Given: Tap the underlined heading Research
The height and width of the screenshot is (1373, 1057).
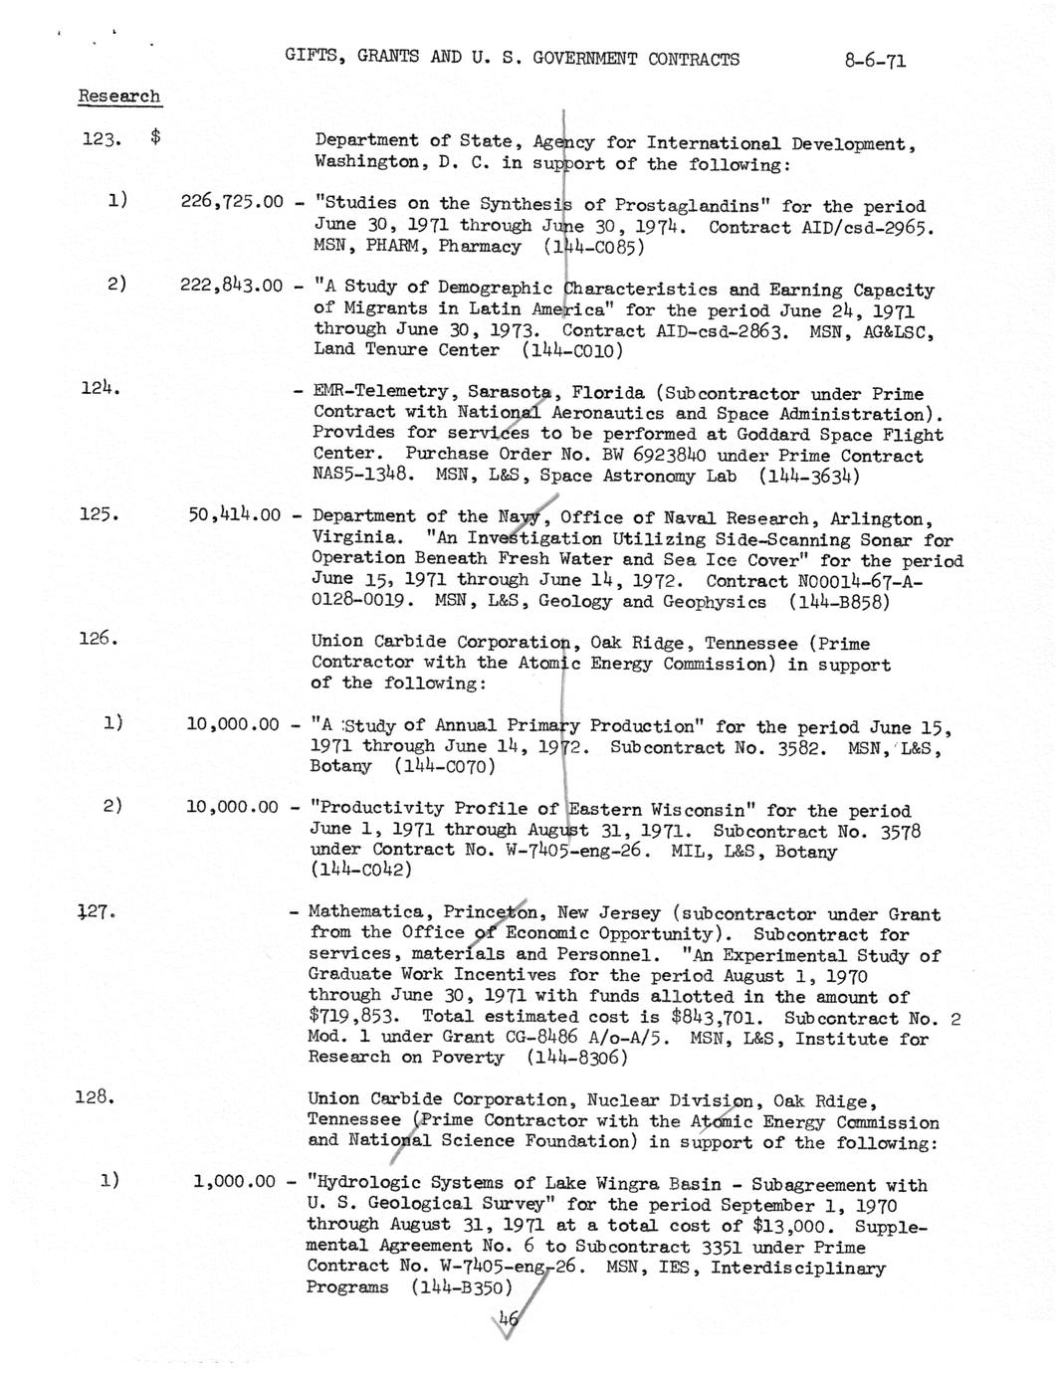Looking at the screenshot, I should (119, 97).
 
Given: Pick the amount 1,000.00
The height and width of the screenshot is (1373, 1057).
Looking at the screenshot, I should (235, 1182).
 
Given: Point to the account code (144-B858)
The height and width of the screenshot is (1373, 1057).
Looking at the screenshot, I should (838, 602).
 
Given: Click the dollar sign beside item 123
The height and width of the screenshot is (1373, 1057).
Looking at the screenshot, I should (156, 139).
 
